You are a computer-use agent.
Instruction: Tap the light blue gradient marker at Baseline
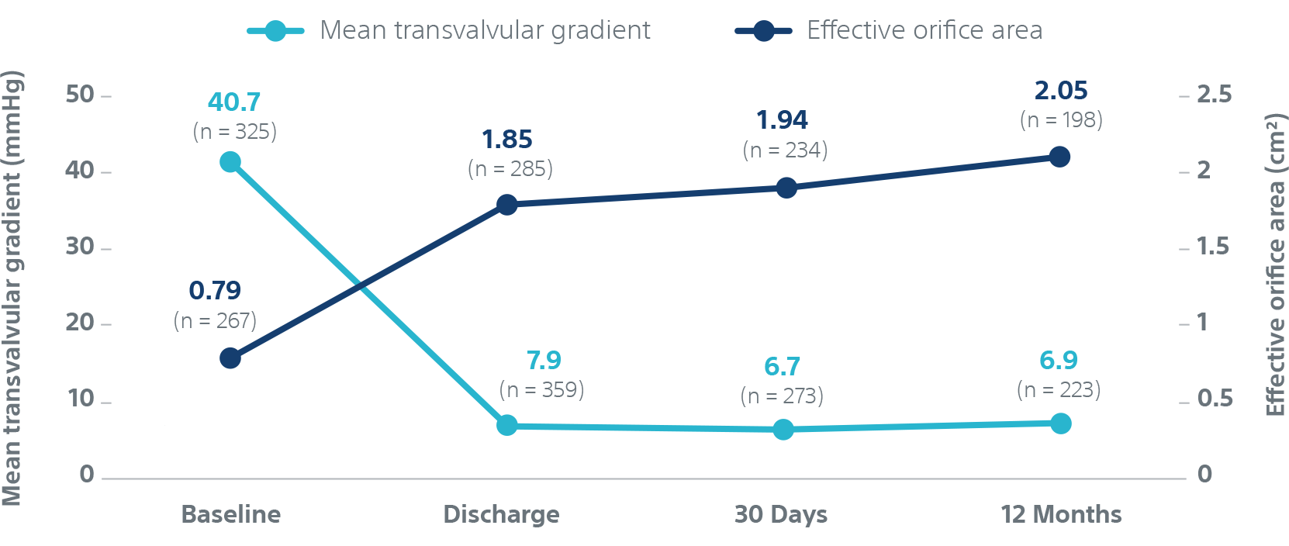(x=230, y=162)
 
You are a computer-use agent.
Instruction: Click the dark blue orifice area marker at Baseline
(x=230, y=358)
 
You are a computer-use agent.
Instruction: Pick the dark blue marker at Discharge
(x=507, y=205)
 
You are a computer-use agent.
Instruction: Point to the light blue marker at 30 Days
(x=783, y=429)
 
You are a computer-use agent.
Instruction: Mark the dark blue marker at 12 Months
(x=1059, y=157)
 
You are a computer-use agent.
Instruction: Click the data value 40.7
(x=234, y=102)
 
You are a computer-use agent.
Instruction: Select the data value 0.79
(x=215, y=291)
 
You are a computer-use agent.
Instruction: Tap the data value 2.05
(x=1061, y=91)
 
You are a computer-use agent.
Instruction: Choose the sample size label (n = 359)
(x=542, y=389)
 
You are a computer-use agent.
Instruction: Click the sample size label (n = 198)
(x=1061, y=120)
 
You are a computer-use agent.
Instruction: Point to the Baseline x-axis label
(x=231, y=514)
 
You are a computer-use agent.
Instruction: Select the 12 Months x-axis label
(x=1061, y=514)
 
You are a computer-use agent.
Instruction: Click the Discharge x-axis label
(x=501, y=514)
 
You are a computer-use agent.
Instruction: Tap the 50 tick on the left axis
(x=80, y=95)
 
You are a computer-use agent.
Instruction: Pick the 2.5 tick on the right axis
(x=1214, y=95)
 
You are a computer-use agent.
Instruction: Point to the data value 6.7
(x=782, y=366)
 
